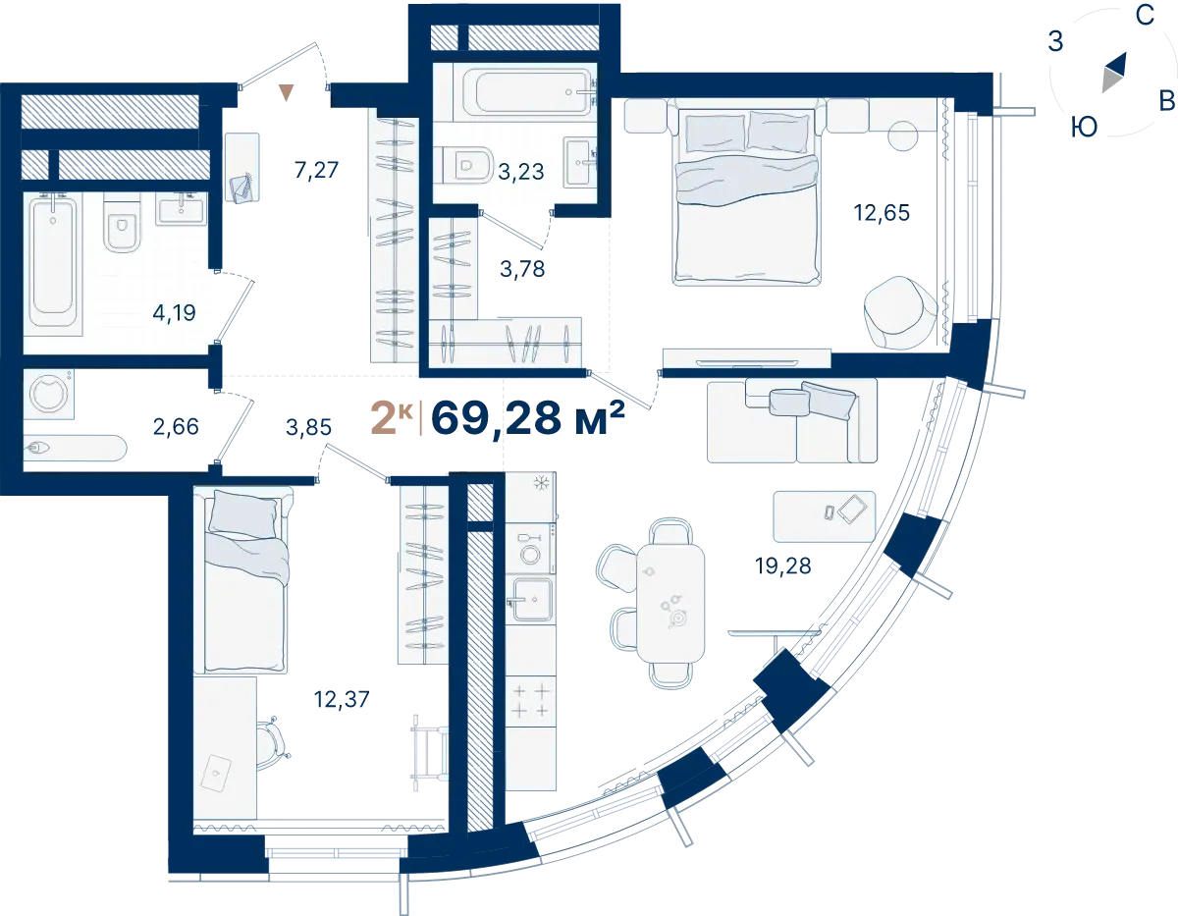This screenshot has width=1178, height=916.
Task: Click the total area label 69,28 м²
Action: coord(527,418)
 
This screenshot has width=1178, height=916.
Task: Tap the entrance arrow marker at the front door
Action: coord(287,92)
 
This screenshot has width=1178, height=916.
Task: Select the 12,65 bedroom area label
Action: coord(882,213)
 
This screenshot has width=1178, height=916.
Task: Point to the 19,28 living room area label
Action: coord(782,566)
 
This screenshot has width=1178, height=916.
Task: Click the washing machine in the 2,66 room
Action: coord(49,394)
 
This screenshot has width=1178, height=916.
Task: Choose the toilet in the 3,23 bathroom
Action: coord(465,165)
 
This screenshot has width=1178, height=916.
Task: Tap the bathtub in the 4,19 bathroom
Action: coord(53,264)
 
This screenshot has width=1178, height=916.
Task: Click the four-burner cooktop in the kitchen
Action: coord(531,701)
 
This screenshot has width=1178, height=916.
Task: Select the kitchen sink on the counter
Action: coord(531,599)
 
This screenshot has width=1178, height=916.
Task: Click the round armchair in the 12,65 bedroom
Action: coord(900,312)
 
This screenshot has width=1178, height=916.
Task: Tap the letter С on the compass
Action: coord(1145,16)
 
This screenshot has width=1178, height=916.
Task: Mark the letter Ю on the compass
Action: coord(1084,128)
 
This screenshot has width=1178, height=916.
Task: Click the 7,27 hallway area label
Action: coord(316,170)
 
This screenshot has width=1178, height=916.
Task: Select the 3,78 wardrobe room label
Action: coord(522,269)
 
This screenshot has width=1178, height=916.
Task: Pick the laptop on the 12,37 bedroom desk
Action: coord(216,773)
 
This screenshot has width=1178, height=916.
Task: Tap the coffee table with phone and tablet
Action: coord(824,516)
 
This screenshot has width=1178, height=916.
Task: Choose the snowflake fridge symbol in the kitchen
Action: coord(542,482)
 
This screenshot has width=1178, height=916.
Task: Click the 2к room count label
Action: coord(392,417)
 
